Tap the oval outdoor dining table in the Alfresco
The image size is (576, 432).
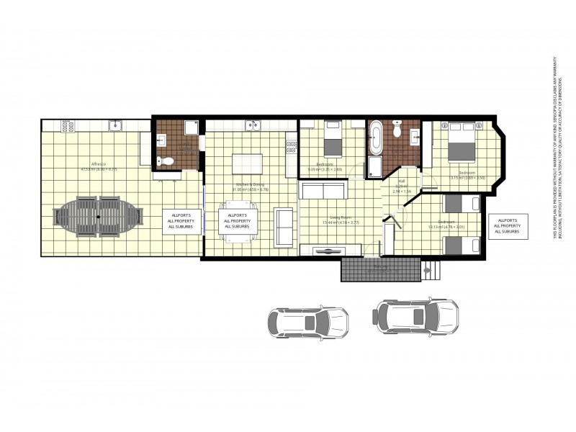(x=98, y=216)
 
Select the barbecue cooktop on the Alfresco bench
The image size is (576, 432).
(x=68, y=126)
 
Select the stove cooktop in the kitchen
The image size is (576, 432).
(x=292, y=147)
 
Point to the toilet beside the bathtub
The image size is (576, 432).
(x=397, y=131)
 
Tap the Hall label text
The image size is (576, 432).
(x=402, y=183)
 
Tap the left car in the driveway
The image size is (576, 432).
(x=307, y=322)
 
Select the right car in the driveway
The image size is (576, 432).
(x=416, y=315)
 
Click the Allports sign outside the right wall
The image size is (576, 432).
(x=508, y=226)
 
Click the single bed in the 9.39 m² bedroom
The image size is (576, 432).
(x=332, y=140)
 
